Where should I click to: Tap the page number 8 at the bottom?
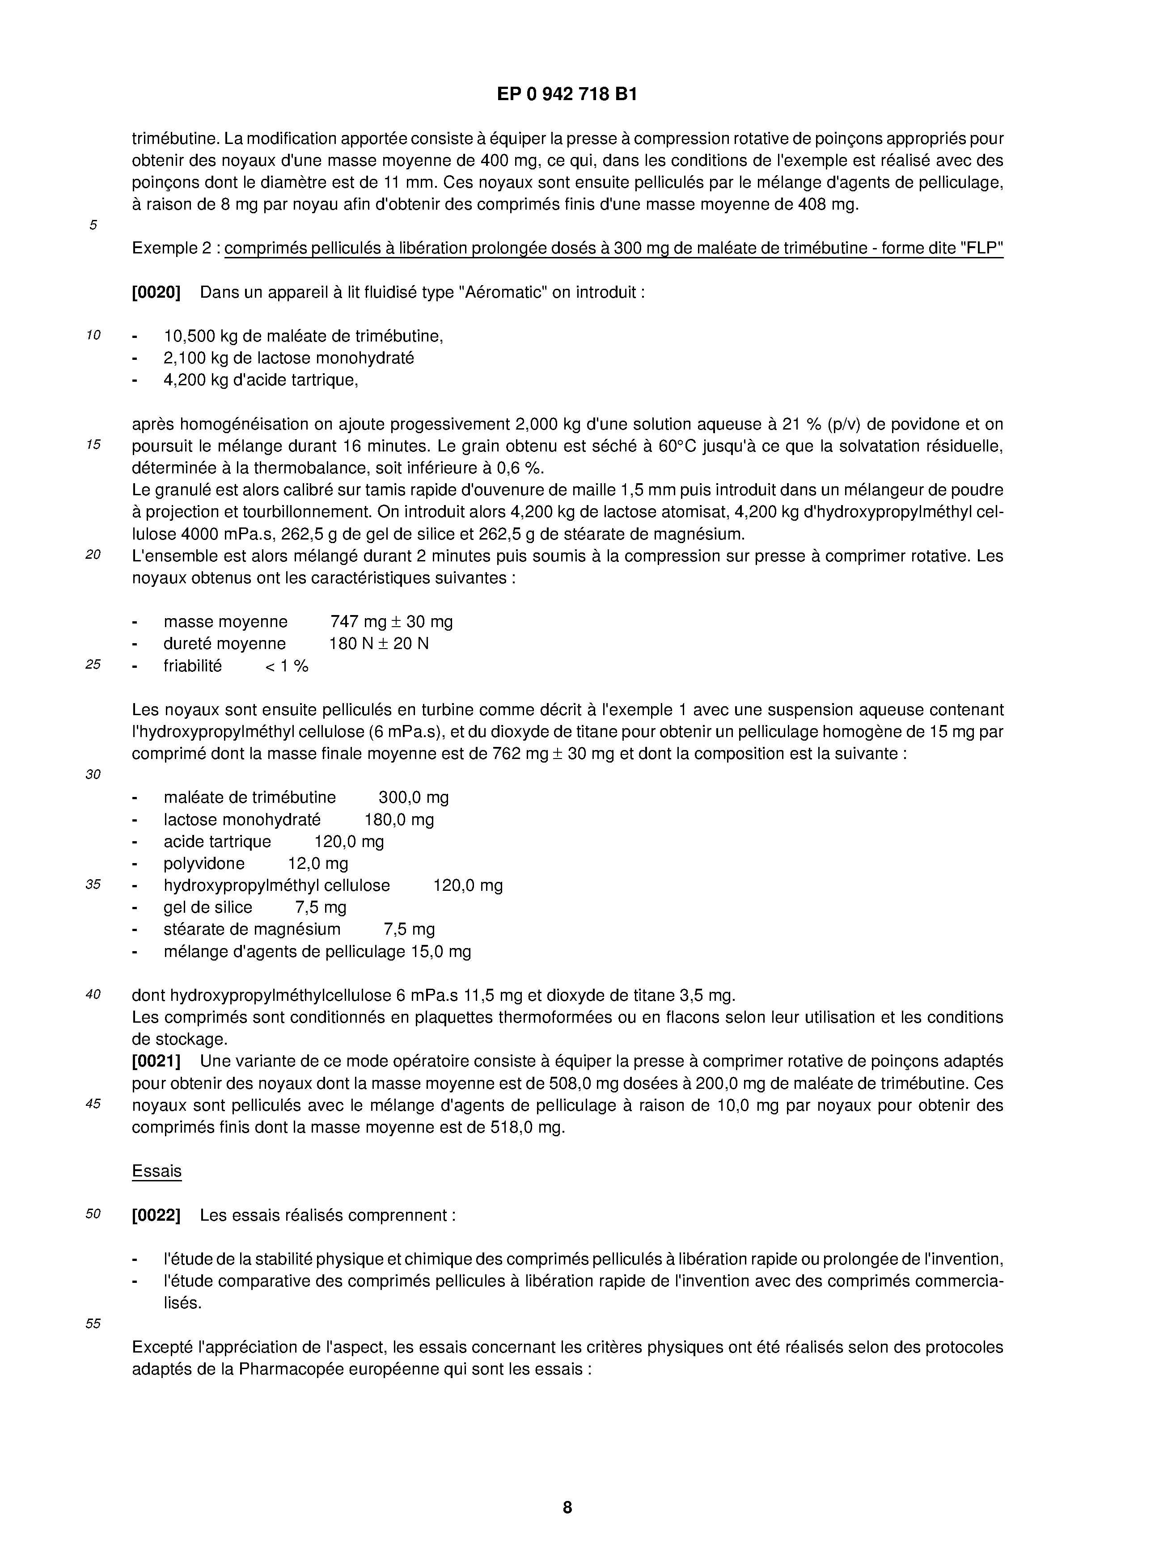(x=567, y=1506)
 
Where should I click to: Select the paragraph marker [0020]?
(x=156, y=292)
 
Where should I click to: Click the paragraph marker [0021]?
(x=156, y=1061)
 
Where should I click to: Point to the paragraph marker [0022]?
(x=156, y=1214)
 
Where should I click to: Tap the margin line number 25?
(x=93, y=665)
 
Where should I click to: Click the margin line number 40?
(x=93, y=995)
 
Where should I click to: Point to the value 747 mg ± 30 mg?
(x=391, y=621)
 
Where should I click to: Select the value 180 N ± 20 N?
(x=378, y=643)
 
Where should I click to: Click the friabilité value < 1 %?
(x=286, y=666)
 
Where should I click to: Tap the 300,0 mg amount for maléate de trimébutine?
(x=413, y=797)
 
